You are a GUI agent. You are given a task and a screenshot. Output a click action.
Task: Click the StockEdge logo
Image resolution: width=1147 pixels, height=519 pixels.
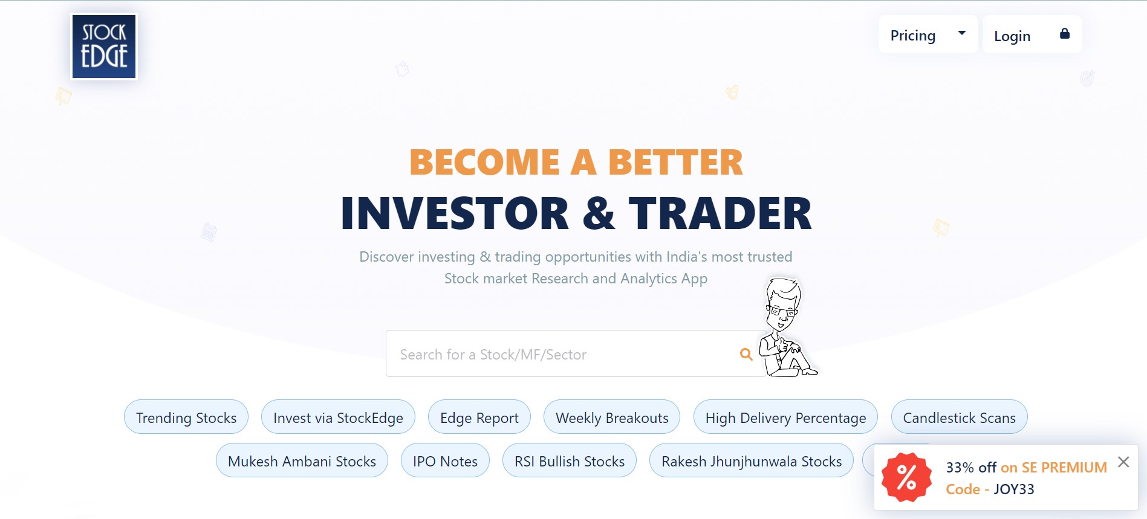(104, 47)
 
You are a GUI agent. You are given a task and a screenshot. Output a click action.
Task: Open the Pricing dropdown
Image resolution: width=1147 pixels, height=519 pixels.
(928, 34)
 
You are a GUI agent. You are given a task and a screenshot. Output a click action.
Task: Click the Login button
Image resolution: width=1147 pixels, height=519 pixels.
(1032, 34)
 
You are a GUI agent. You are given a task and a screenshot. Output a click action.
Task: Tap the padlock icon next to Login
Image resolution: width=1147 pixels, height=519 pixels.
(1065, 33)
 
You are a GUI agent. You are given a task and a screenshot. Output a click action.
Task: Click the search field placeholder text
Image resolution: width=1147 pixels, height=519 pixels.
(493, 355)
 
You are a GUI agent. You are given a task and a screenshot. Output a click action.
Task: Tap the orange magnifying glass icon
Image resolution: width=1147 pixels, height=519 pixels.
(746, 355)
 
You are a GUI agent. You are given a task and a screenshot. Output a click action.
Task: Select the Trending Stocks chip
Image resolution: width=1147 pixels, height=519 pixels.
(186, 417)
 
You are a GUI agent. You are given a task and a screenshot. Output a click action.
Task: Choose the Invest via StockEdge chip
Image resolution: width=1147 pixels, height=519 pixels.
(338, 417)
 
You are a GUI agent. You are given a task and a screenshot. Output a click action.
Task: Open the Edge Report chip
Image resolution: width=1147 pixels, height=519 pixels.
(479, 417)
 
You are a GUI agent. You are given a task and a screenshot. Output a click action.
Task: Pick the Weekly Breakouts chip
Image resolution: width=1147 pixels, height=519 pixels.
(612, 417)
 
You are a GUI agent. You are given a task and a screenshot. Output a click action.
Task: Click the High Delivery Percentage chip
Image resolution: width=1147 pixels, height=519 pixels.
(785, 417)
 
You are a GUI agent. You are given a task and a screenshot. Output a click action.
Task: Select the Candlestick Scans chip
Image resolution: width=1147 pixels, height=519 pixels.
(959, 417)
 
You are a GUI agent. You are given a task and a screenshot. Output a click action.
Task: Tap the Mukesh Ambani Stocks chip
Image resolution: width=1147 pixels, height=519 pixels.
(302, 460)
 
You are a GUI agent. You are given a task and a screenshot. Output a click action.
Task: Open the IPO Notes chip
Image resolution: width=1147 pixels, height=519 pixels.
(445, 460)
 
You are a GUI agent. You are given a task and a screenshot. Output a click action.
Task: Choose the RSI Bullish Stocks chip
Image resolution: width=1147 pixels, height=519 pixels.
(570, 460)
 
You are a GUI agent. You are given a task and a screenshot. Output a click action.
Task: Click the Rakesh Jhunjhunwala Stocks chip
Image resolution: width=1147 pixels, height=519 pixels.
(752, 460)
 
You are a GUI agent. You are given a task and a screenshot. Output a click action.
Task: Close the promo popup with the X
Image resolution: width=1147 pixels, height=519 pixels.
(1123, 462)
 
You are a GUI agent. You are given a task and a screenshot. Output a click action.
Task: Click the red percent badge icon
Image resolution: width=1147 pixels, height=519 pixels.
(906, 477)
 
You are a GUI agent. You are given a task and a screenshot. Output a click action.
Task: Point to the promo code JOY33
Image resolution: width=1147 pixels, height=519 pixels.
(1014, 489)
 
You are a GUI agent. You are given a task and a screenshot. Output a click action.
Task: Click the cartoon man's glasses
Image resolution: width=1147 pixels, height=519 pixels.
(781, 312)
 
